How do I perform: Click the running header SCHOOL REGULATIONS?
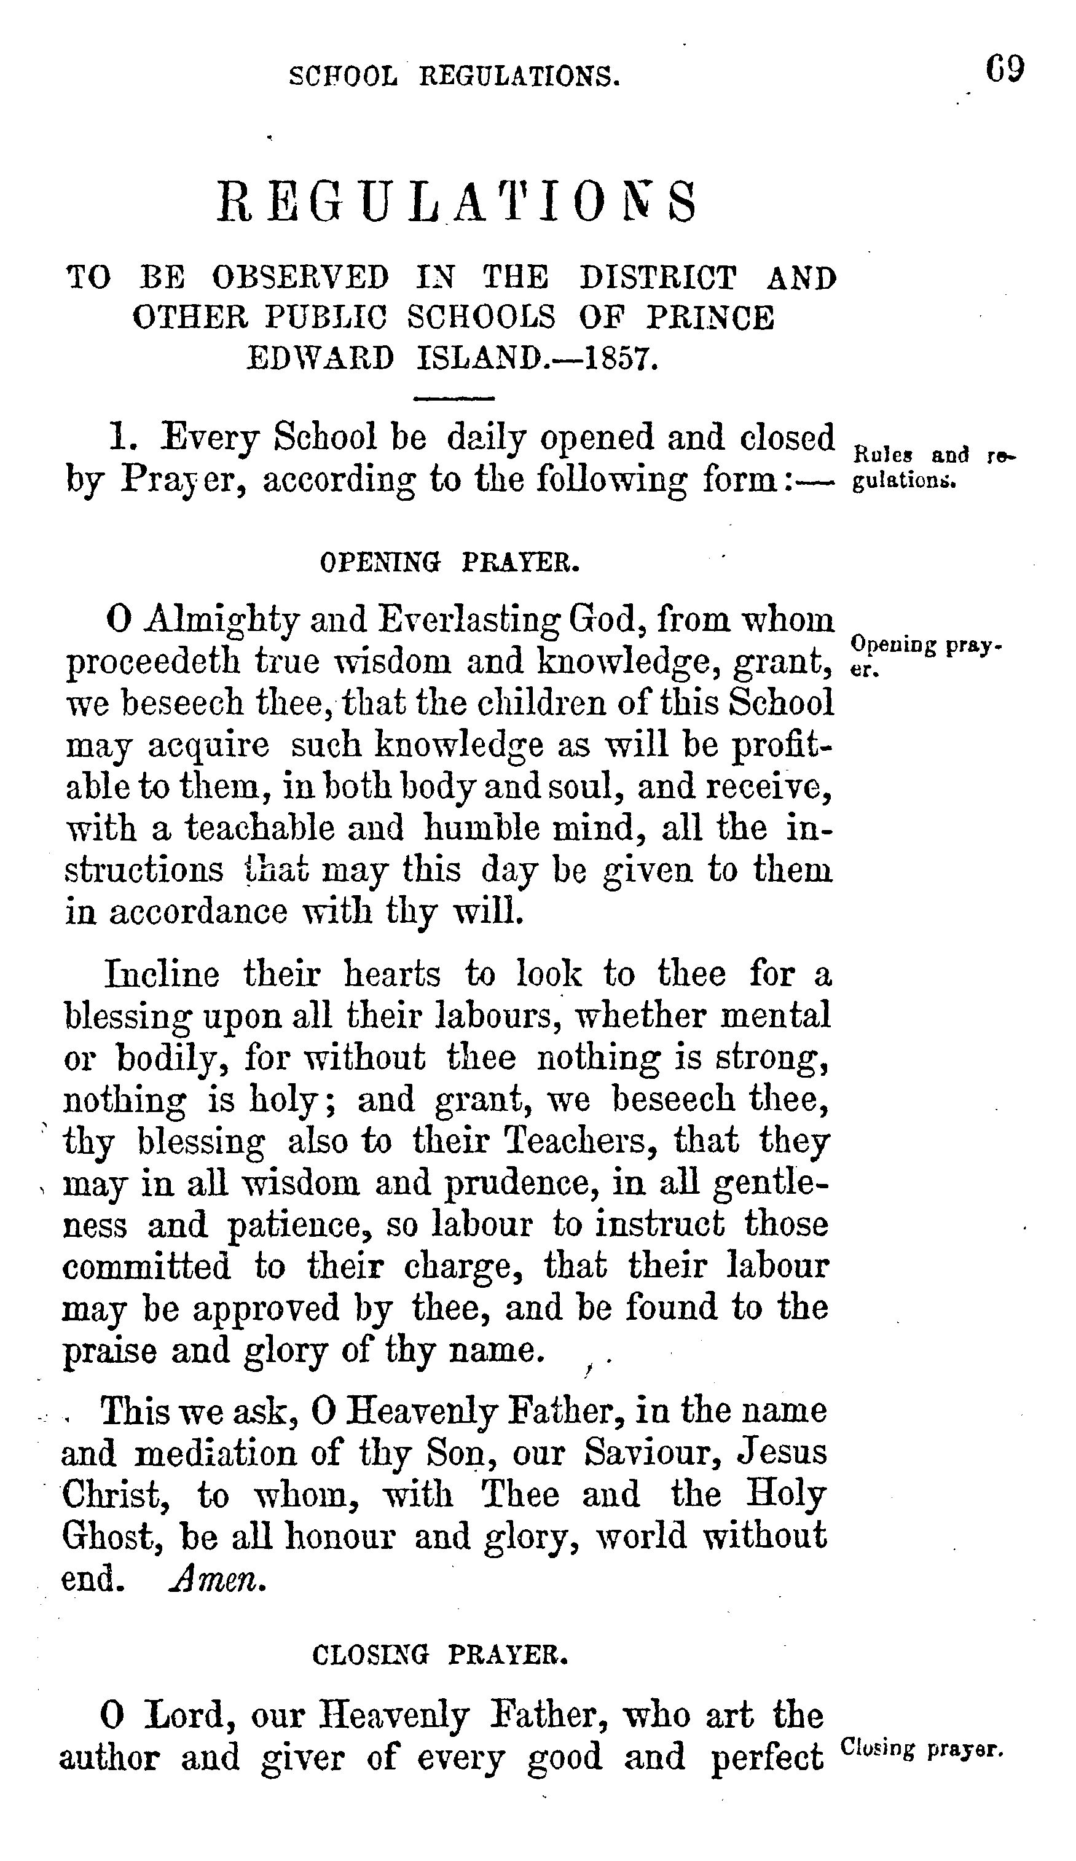(454, 76)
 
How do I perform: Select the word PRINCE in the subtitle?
(710, 318)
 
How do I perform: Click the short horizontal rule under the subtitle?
(454, 399)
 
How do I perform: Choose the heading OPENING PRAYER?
(450, 563)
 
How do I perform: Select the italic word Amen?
(216, 1580)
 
